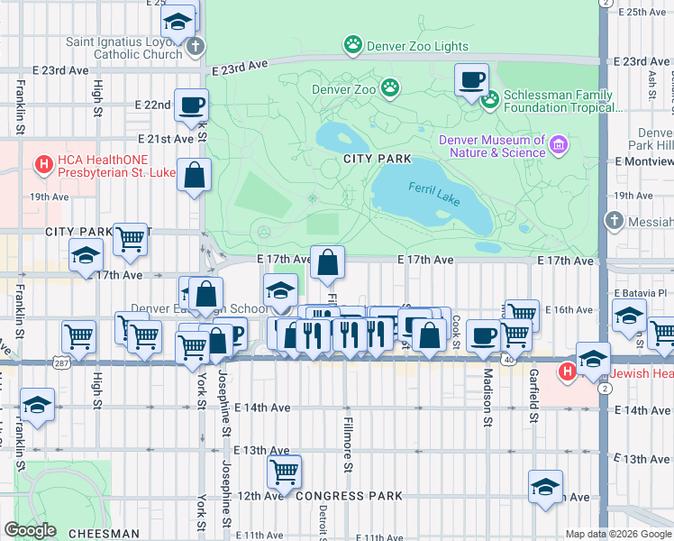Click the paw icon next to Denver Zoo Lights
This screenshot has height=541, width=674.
tap(352, 44)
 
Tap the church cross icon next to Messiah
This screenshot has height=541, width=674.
tap(614, 220)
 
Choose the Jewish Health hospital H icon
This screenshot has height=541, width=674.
tap(567, 371)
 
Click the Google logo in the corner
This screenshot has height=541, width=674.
tap(30, 530)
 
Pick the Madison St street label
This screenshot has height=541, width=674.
tap(487, 396)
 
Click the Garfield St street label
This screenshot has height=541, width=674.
tap(533, 396)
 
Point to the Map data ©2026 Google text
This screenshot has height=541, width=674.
tap(617, 534)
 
